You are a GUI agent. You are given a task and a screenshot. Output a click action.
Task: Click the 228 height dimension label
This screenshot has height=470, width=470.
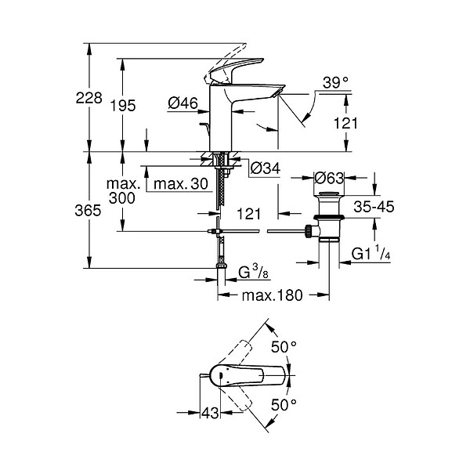[x=89, y=98]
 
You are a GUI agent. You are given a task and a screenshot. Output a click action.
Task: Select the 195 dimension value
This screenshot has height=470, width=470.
[x=123, y=106]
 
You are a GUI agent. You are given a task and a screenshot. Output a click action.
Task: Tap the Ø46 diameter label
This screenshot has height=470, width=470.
[x=183, y=103]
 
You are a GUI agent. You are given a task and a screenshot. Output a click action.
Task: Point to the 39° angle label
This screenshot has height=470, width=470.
[x=335, y=82]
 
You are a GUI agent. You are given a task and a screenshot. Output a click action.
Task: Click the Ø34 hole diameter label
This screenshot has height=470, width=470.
[x=266, y=168]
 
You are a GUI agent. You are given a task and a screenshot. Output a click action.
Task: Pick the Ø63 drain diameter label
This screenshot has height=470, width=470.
[x=329, y=179]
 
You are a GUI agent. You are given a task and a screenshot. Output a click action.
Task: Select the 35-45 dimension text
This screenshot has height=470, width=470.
[x=374, y=207]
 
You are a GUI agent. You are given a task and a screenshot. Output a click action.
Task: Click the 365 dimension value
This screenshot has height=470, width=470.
[x=88, y=211]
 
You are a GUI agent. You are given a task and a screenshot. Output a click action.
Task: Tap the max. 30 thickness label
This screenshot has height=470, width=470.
[x=181, y=183]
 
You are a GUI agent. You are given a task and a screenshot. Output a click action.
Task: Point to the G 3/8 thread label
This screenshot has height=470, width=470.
[x=254, y=272]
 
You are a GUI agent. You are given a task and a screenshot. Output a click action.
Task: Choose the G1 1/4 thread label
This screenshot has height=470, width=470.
[x=371, y=253]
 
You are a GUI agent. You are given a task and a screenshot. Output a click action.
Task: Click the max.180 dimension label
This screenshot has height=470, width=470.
[x=272, y=295]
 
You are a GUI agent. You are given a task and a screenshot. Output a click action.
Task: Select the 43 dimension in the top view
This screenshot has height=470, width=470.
[x=210, y=414]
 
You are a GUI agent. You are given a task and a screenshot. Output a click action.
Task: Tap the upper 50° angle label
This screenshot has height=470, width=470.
[x=284, y=347]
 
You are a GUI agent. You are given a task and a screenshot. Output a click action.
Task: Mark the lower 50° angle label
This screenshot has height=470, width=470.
[x=284, y=405]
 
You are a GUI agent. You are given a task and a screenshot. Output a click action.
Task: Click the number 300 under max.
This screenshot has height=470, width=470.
[x=121, y=198]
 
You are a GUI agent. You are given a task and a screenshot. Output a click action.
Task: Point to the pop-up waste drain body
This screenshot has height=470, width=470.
[x=329, y=216]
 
